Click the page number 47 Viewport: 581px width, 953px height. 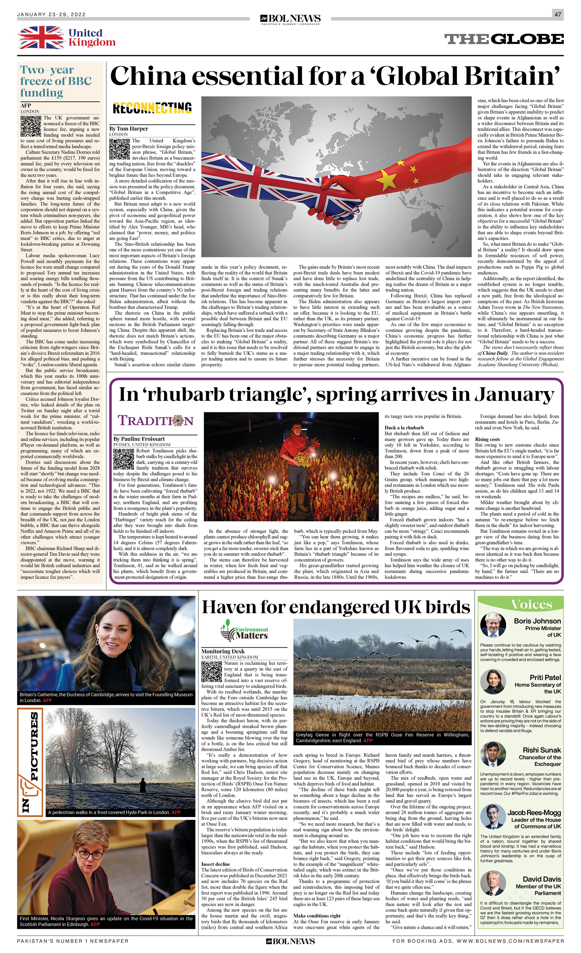click(x=558, y=14)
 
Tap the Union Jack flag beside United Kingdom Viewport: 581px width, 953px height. click(x=41, y=38)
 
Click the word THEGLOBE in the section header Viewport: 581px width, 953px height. click(x=503, y=39)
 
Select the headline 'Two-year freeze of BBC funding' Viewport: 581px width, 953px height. click(x=56, y=81)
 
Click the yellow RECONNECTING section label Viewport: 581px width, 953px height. click(x=152, y=108)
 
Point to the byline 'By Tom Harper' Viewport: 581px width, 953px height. click(x=129, y=129)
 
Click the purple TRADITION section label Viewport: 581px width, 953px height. click(x=155, y=420)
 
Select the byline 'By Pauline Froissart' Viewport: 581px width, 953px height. click(x=139, y=439)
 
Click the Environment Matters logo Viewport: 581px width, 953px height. click(x=244, y=630)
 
